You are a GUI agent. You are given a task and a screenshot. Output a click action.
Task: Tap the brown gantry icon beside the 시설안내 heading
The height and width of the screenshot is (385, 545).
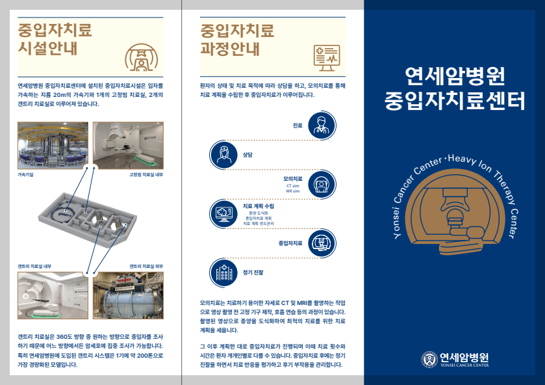click(x=140, y=57)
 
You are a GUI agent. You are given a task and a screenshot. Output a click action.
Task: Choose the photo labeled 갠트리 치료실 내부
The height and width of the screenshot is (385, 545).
click(x=53, y=297)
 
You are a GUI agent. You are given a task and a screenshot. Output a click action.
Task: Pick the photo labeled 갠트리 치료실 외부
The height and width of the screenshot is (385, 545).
click(x=129, y=297)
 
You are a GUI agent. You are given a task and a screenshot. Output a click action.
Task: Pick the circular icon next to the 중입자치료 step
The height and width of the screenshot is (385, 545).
click(x=320, y=243)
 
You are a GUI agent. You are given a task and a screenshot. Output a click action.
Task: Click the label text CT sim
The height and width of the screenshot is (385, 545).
click(x=293, y=185)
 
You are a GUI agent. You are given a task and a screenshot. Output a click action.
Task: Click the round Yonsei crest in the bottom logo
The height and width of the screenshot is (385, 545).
click(x=429, y=359)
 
